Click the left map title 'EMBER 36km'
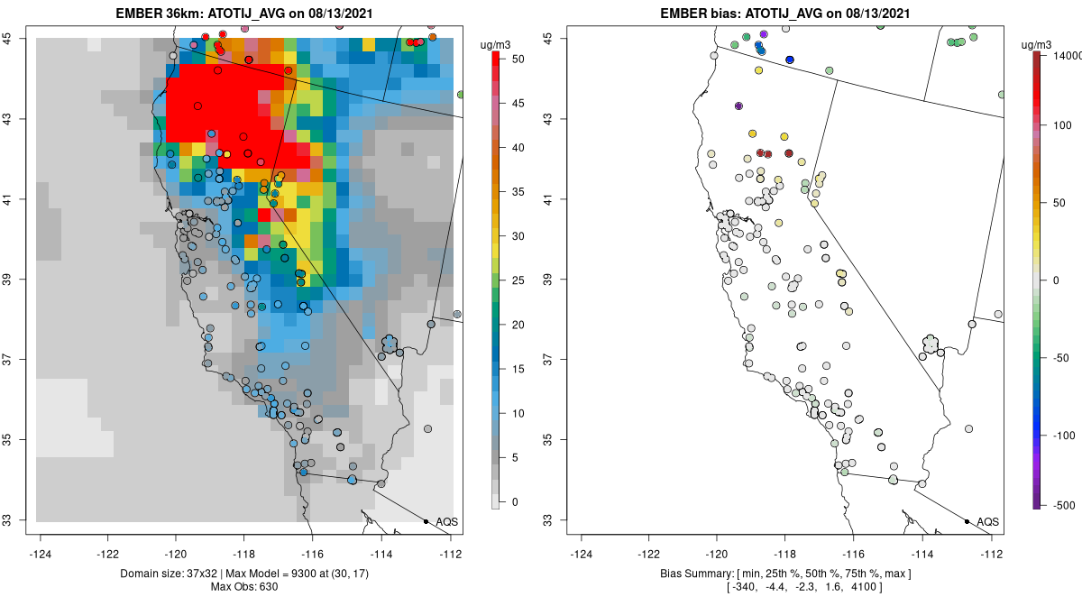pyautogui.click(x=158, y=14)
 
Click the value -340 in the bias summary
pyautogui.click(x=740, y=588)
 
